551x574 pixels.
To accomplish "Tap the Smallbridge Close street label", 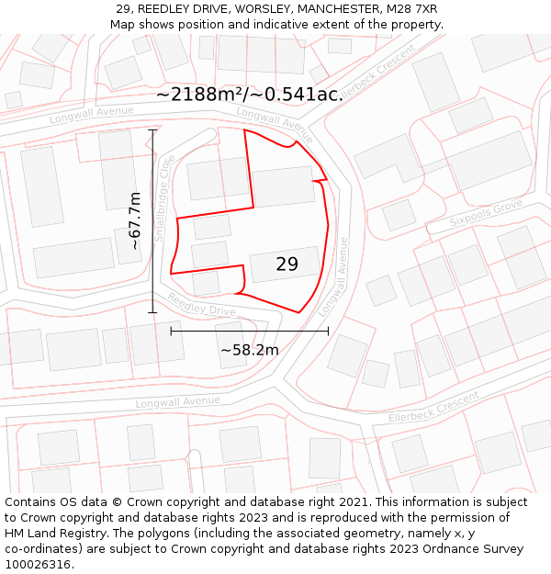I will click(164, 197).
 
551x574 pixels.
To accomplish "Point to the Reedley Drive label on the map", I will click(201, 304).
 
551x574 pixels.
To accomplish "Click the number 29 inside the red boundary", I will click(287, 264).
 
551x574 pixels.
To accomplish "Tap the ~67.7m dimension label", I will click(135, 220).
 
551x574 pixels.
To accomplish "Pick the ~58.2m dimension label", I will click(249, 349).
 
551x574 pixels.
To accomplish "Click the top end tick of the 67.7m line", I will click(152, 130).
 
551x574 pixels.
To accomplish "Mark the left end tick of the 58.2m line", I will click(171, 331).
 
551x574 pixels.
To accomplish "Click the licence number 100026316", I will click(39, 565).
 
